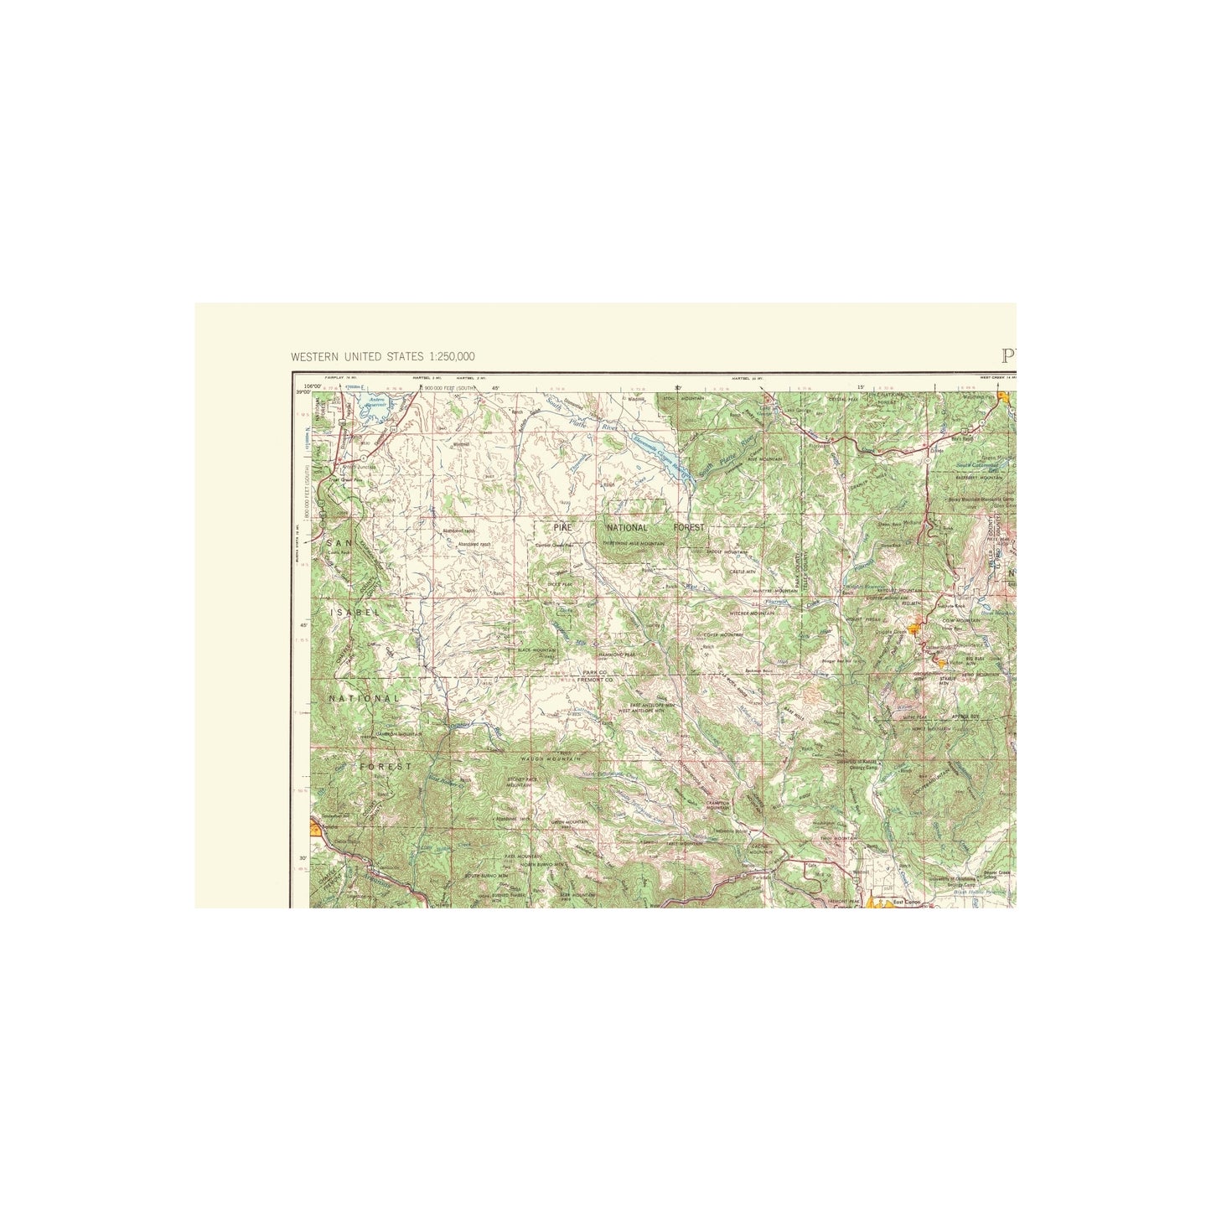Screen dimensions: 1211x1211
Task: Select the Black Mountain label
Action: pos(536,649)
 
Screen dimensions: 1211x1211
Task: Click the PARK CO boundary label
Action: pos(598,672)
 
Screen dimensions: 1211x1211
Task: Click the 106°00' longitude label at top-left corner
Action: pos(312,386)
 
